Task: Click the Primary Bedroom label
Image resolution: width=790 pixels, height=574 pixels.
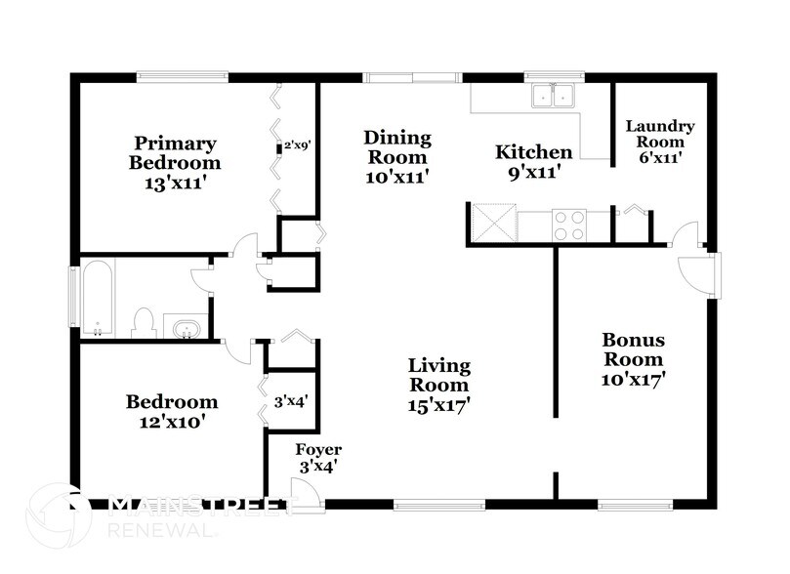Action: pyautogui.click(x=175, y=153)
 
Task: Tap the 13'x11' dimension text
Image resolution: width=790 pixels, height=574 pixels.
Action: pyautogui.click(x=177, y=183)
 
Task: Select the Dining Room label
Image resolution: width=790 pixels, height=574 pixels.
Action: pyautogui.click(x=397, y=147)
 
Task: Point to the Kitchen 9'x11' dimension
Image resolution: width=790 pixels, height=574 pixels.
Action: pyautogui.click(x=534, y=173)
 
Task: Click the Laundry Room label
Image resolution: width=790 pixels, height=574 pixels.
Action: pyautogui.click(x=660, y=134)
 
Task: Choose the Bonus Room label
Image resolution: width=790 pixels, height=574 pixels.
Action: pyautogui.click(x=634, y=349)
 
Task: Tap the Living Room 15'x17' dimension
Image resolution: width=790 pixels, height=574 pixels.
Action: pyautogui.click(x=438, y=405)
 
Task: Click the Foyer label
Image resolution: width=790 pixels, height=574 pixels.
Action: pyautogui.click(x=318, y=449)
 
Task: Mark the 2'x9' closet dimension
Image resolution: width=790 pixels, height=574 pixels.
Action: pyautogui.click(x=297, y=146)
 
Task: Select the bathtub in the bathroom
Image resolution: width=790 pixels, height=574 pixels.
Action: pyautogui.click(x=98, y=298)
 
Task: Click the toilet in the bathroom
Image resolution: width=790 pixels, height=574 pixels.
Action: pyautogui.click(x=145, y=322)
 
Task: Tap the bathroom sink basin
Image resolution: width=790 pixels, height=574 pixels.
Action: pyautogui.click(x=187, y=330)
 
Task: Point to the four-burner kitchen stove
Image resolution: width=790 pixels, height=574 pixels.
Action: pyautogui.click(x=569, y=225)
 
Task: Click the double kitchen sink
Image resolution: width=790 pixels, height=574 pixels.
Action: pyautogui.click(x=554, y=95)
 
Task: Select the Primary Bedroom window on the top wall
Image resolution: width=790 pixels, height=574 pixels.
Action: pyautogui.click(x=183, y=76)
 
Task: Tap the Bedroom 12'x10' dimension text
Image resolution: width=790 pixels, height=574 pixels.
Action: pyautogui.click(x=172, y=422)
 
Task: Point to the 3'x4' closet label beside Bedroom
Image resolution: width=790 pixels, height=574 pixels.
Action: pyautogui.click(x=291, y=402)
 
